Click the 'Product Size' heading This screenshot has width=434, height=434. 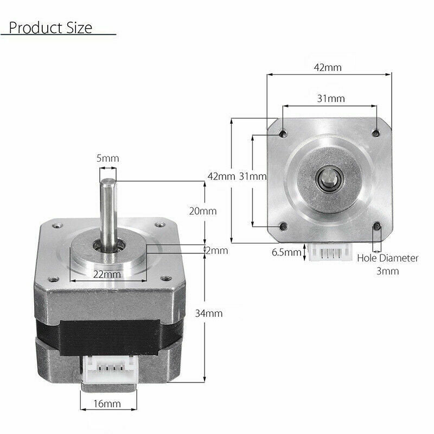50,27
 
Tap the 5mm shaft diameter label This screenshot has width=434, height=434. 107,158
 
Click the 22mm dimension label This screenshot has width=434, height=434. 106,274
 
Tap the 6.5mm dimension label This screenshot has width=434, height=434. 285,252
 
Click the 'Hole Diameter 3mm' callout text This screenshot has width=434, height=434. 387,264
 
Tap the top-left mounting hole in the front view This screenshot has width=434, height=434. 283,132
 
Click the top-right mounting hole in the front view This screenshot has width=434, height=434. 375,132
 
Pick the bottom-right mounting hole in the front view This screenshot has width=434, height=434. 375,226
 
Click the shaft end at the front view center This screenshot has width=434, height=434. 329,178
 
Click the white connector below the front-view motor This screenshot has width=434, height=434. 328,253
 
